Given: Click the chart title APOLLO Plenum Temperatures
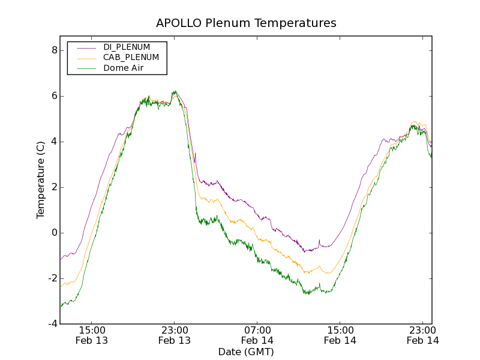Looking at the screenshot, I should pyautogui.click(x=246, y=23).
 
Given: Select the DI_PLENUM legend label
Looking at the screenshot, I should pyautogui.click(x=127, y=47).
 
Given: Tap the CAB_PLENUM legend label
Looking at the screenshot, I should pyautogui.click(x=131, y=58).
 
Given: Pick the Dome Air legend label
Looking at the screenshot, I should pyautogui.click(x=124, y=68).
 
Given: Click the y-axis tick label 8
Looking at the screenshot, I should pyautogui.click(x=54, y=50).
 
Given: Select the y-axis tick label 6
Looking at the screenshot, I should pyautogui.click(x=54, y=96).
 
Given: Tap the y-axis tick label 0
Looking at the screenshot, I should pyautogui.click(x=54, y=233).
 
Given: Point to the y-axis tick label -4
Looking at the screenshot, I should pyautogui.click(x=52, y=324).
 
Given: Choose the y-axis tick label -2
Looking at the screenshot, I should pyautogui.click(x=52, y=278).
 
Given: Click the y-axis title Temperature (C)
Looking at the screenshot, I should pyautogui.click(x=41, y=179).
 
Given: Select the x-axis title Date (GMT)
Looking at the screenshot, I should pyautogui.click(x=246, y=352).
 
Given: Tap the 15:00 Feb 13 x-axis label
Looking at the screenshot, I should pyautogui.click(x=92, y=335).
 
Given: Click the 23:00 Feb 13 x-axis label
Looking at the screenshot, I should pyautogui.click(x=175, y=335).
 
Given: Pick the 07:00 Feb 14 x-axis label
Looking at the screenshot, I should pyautogui.click(x=257, y=335).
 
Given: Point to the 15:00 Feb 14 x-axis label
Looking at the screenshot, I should pyautogui.click(x=340, y=335).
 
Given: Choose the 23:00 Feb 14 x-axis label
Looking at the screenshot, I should pyautogui.click(x=423, y=335).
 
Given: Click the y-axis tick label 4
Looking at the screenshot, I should pyautogui.click(x=54, y=142).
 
